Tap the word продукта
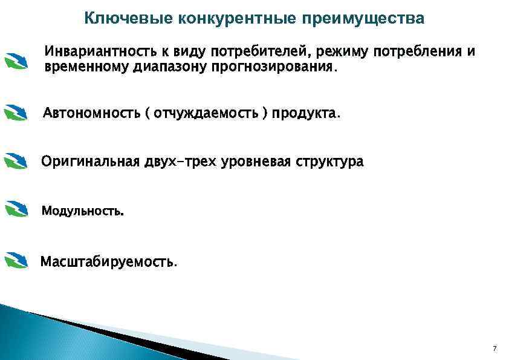pyautogui.click(x=306, y=113)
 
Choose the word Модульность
pyautogui.click(x=82, y=212)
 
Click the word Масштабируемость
pyautogui.click(x=109, y=263)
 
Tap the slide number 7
pyautogui.click(x=494, y=349)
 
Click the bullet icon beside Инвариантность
pyautogui.click(x=16, y=61)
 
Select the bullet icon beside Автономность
pyautogui.click(x=16, y=113)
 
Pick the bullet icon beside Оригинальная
pyautogui.click(x=16, y=162)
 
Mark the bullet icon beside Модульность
pyautogui.click(x=16, y=209)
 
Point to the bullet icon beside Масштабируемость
pyautogui.click(x=16, y=260)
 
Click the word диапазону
pyautogui.click(x=171, y=67)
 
